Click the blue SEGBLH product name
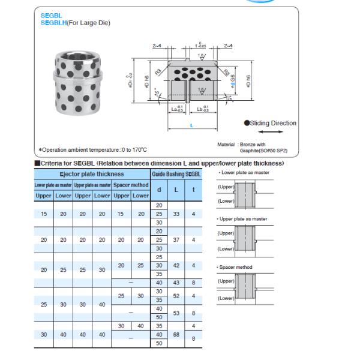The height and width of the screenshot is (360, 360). point(52,23)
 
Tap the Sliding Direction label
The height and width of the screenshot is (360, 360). point(273,123)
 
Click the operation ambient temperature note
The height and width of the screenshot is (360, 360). point(92,150)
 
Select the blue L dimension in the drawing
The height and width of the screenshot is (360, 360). point(191,125)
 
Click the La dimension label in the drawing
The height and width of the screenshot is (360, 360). point(178,109)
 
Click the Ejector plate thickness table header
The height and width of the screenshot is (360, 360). point(92,173)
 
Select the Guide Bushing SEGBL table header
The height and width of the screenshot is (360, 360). point(177,173)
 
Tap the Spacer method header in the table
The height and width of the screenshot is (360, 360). point(131,185)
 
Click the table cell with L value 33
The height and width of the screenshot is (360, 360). point(176,214)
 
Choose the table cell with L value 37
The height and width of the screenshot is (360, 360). point(176,239)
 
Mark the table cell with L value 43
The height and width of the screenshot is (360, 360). point(176,283)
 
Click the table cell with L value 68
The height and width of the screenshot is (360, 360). point(176,334)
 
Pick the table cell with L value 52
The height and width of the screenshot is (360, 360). point(176,296)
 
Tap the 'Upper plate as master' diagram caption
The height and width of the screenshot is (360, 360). point(244,219)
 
